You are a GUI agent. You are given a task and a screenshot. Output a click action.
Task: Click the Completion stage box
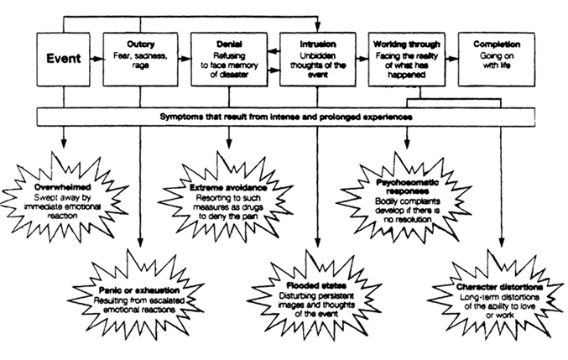pyautogui.click(x=496, y=60)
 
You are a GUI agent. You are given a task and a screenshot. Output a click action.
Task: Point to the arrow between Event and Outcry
pyautogui.click(x=95, y=60)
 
